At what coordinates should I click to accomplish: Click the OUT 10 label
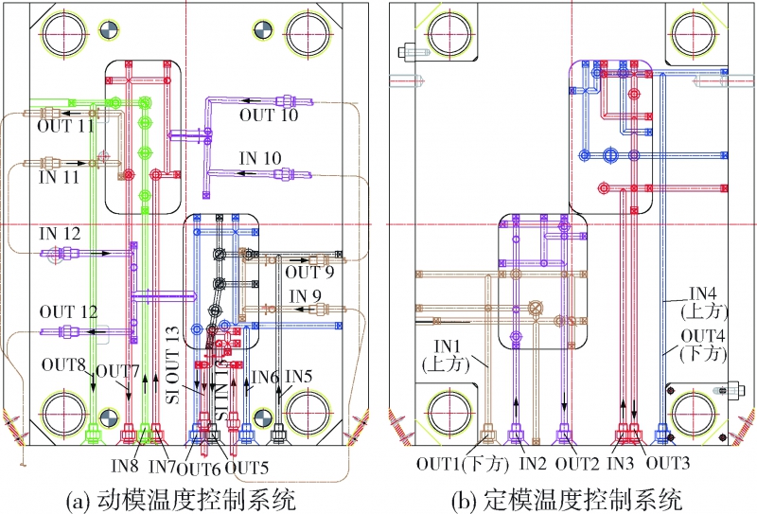click(268, 115)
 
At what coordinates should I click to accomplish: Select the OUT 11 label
click(66, 125)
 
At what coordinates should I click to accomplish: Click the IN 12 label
click(60, 233)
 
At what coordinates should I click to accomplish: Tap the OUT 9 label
click(308, 275)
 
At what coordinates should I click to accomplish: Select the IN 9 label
click(306, 296)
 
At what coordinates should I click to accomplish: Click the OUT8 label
click(63, 363)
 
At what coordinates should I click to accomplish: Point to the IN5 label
click(299, 376)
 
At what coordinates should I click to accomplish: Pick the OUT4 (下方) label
click(699, 345)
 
